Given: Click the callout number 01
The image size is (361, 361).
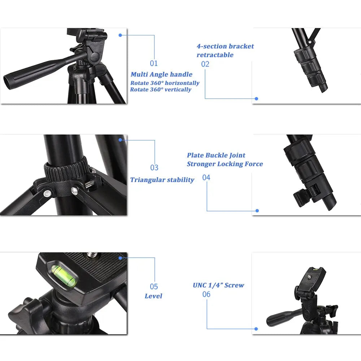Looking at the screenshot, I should [x=154, y=64].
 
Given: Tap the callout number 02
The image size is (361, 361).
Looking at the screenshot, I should [x=205, y=64].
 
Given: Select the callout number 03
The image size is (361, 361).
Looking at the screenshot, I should [x=155, y=168].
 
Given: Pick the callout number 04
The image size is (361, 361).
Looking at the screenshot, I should [x=206, y=178].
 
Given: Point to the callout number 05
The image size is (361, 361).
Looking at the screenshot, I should [x=154, y=287].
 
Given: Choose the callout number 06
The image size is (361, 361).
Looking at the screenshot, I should [x=206, y=294].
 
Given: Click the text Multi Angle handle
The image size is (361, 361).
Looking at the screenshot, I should [x=161, y=74].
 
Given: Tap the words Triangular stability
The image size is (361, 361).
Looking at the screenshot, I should [x=162, y=180].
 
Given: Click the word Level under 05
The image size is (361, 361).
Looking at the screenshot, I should [x=153, y=296].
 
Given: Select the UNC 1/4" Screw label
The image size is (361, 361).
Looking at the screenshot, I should [x=218, y=285].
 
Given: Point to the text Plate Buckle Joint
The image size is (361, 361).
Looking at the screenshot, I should [x=216, y=155].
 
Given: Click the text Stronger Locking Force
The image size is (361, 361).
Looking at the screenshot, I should [x=225, y=164].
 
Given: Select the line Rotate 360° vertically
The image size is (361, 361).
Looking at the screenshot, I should [x=161, y=90].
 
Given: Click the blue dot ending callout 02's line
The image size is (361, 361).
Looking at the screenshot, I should [x=256, y=99].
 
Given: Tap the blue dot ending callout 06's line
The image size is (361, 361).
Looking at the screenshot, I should [x=256, y=329].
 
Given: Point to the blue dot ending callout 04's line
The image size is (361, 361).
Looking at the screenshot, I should [x=257, y=210].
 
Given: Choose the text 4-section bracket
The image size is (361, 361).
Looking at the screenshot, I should [x=225, y=46].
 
